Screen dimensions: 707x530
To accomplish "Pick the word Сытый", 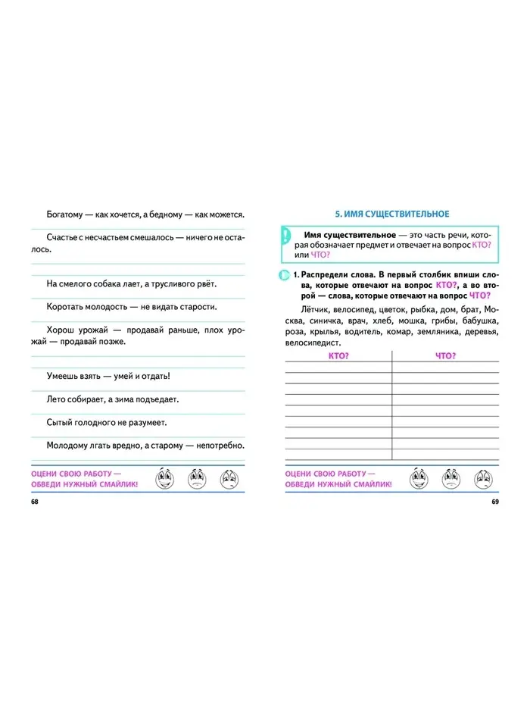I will [60, 422].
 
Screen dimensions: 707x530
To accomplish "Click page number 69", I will [495, 502].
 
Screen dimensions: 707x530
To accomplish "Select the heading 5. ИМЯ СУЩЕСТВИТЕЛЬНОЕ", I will [392, 214].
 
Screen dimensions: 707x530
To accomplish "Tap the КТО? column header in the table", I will [338, 355].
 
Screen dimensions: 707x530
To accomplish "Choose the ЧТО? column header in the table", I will [446, 355].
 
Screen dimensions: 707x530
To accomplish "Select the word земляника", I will [438, 332].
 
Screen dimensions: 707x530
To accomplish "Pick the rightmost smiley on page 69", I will [483, 478].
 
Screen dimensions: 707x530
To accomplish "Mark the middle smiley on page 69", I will [451, 478].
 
